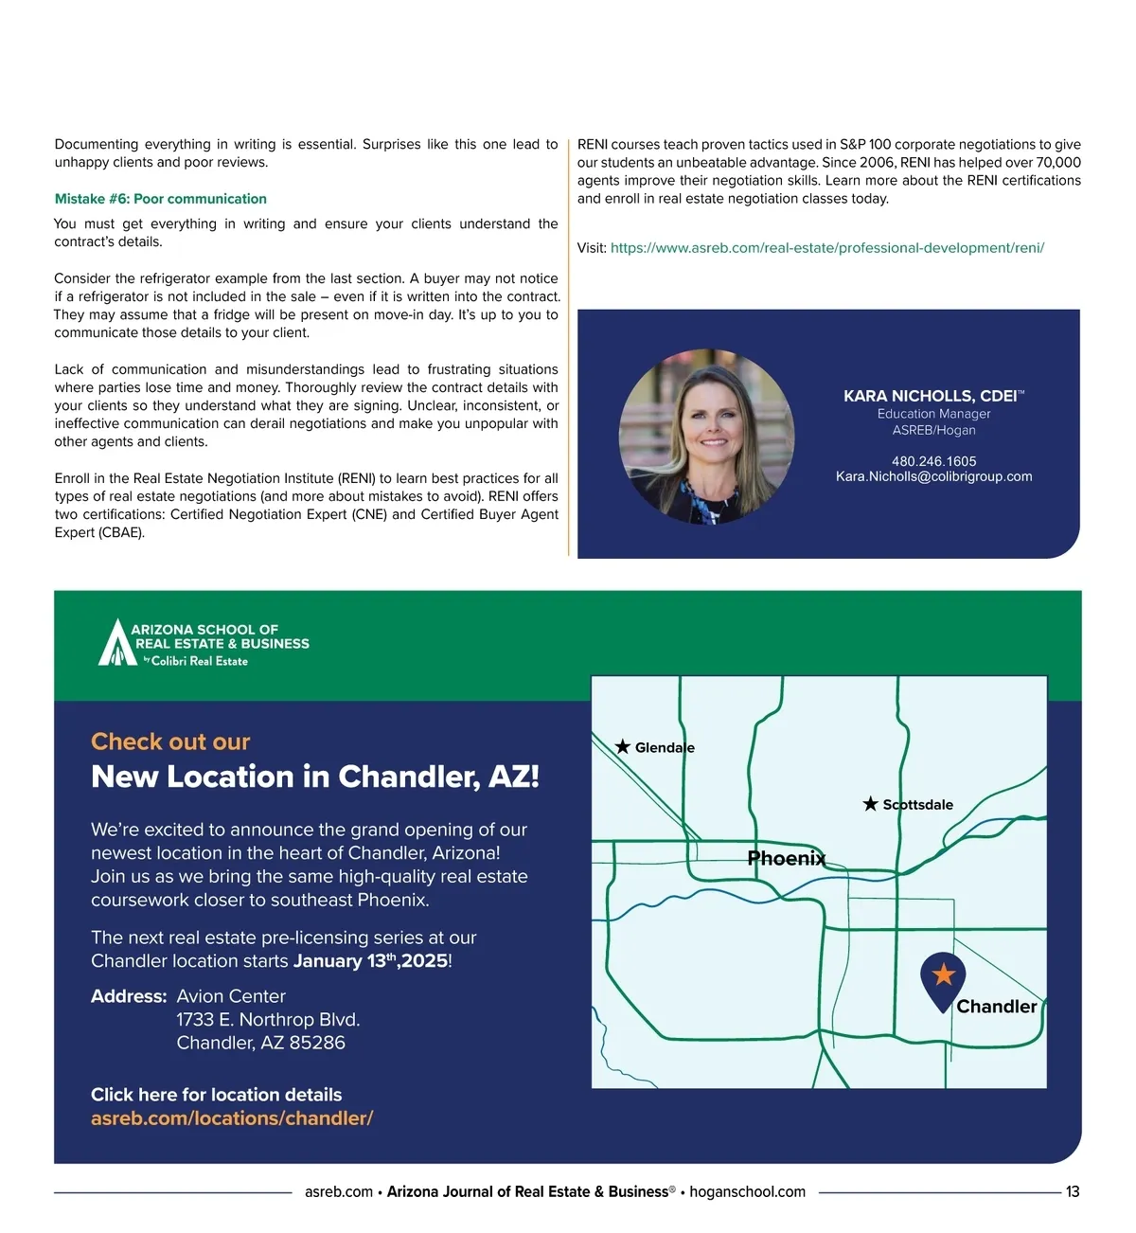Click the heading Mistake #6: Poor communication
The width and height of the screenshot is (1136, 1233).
pyautogui.click(x=161, y=199)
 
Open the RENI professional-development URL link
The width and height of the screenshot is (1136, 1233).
pyautogui.click(x=826, y=248)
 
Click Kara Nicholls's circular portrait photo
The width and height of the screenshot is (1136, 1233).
pyautogui.click(x=706, y=437)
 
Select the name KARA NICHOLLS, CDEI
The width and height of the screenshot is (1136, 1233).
pyautogui.click(x=932, y=396)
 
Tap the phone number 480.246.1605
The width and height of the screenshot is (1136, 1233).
pyautogui.click(x=933, y=461)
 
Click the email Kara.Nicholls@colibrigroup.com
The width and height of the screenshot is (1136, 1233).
pyautogui.click(x=933, y=476)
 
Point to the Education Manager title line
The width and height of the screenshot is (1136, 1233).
pyautogui.click(x=933, y=414)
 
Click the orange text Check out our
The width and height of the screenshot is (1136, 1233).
pyautogui.click(x=170, y=742)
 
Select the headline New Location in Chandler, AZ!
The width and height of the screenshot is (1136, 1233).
pyautogui.click(x=314, y=777)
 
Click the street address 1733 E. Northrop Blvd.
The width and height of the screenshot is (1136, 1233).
pyautogui.click(x=268, y=1020)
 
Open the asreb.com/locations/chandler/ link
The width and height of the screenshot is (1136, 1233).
pyautogui.click(x=232, y=1118)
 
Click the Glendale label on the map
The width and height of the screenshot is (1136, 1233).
pyautogui.click(x=665, y=748)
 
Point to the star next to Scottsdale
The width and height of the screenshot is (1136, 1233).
pyautogui.click(x=871, y=804)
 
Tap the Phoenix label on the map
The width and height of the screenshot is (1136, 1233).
pyautogui.click(x=787, y=859)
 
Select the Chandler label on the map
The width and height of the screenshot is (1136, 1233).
pyautogui.click(x=996, y=1007)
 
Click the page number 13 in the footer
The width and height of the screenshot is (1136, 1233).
pyautogui.click(x=1073, y=1192)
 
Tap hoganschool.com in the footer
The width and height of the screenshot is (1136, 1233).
pyautogui.click(x=747, y=1192)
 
